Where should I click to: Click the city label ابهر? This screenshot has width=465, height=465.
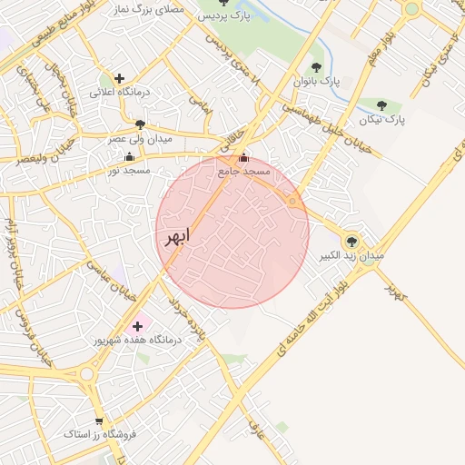[x=178, y=238]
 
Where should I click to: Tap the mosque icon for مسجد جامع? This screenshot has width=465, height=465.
[x=242, y=159]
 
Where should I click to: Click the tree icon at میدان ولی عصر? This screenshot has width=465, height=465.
[x=139, y=124]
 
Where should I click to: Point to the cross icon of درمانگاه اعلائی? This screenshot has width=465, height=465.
[x=119, y=78]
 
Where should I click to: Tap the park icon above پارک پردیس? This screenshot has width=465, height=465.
[x=225, y=3]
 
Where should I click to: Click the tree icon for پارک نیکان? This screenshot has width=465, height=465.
[x=381, y=105]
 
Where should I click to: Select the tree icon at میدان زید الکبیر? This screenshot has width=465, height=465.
[x=351, y=242]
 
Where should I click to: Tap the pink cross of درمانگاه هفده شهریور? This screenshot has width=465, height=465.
[x=137, y=325]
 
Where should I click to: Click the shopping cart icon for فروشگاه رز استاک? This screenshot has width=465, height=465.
[x=98, y=421]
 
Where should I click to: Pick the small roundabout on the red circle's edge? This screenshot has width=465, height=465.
[x=292, y=200]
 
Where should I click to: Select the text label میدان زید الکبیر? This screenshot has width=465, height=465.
[x=351, y=257]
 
